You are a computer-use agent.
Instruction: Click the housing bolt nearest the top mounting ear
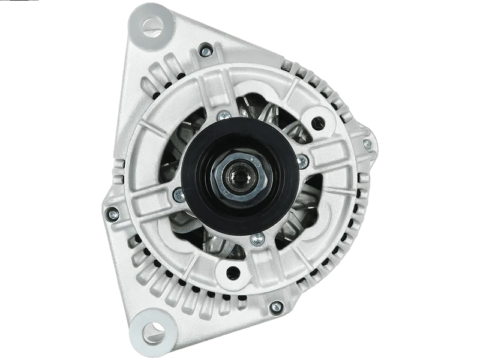coord(205,51)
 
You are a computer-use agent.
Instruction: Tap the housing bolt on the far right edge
coord(368,145)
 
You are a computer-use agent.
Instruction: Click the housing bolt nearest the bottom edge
coord(275,308)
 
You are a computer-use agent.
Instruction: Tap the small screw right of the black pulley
coord(302,161)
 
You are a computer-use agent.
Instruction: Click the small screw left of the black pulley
coord(178,194)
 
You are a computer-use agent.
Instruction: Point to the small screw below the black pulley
coord(257,239)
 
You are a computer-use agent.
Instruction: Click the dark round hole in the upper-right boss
coord(318,124)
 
